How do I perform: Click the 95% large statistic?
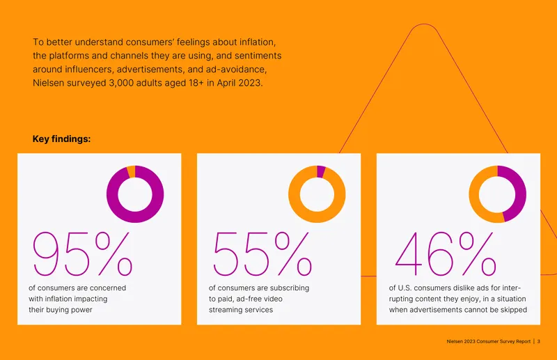point(83,253)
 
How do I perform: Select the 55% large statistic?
point(262,253)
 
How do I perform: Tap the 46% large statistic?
point(446,253)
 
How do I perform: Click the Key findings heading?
point(61,139)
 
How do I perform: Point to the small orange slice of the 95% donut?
point(131,171)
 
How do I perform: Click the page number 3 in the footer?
point(538,341)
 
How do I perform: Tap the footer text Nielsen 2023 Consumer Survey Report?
point(489,341)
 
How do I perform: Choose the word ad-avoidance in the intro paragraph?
point(236,69)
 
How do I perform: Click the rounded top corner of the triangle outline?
point(424,24)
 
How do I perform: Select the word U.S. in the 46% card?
point(405,288)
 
